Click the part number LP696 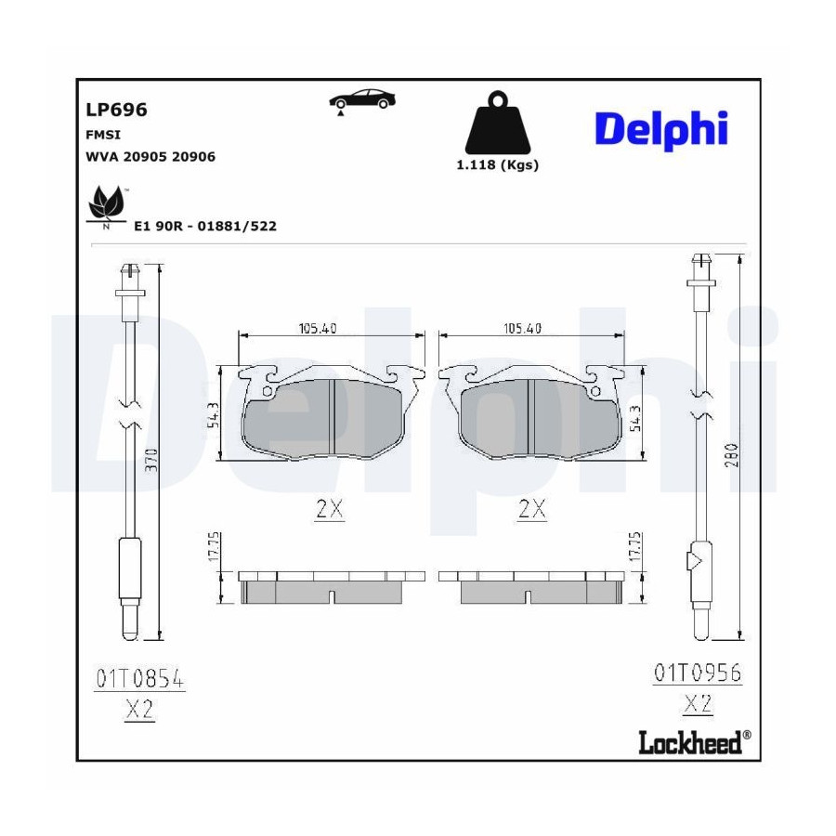click(116, 110)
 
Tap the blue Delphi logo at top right click(661, 129)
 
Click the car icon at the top click(362, 99)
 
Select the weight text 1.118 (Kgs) click(498, 164)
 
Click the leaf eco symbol click(107, 207)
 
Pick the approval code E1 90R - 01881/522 click(205, 226)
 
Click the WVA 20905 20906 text click(150, 157)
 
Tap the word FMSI click(103, 135)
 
